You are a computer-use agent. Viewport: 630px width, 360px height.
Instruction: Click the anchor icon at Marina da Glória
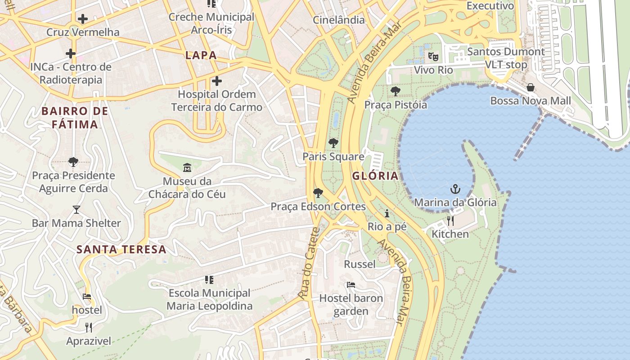tap(455, 189)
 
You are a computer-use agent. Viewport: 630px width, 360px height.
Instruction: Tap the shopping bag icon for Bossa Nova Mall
tap(531, 87)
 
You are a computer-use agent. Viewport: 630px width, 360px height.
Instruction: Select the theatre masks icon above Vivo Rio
tap(433, 56)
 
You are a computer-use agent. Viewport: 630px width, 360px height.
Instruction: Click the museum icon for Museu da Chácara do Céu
tap(187, 168)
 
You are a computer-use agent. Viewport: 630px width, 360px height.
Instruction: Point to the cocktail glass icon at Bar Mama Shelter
tap(76, 209)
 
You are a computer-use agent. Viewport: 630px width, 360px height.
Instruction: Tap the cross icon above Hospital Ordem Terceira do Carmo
tap(216, 81)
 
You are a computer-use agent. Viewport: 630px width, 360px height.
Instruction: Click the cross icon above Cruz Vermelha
tap(82, 19)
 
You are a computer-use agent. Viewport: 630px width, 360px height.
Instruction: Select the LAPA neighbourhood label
tap(201, 55)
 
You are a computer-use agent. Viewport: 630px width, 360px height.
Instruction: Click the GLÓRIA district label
tap(375, 175)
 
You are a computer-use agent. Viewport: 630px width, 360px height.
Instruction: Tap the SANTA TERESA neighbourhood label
tap(121, 249)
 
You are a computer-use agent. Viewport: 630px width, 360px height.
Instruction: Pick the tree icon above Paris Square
tap(333, 143)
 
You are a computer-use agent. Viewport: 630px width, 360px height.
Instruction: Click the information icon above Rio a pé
tap(387, 213)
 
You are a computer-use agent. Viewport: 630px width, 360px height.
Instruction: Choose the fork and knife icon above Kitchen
tap(450, 220)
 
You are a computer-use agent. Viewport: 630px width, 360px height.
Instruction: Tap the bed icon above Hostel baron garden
tap(351, 284)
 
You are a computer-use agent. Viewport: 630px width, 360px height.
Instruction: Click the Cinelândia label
tap(338, 20)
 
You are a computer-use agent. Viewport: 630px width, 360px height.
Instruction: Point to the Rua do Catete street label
tap(309, 263)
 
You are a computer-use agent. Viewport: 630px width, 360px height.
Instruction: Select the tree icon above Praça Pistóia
tap(395, 91)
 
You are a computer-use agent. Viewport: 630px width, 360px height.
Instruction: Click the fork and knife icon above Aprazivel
tap(89, 327)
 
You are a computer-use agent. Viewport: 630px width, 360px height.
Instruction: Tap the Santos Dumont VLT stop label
tap(506, 58)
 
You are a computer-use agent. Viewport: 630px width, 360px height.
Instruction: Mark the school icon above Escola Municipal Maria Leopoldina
tap(209, 280)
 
